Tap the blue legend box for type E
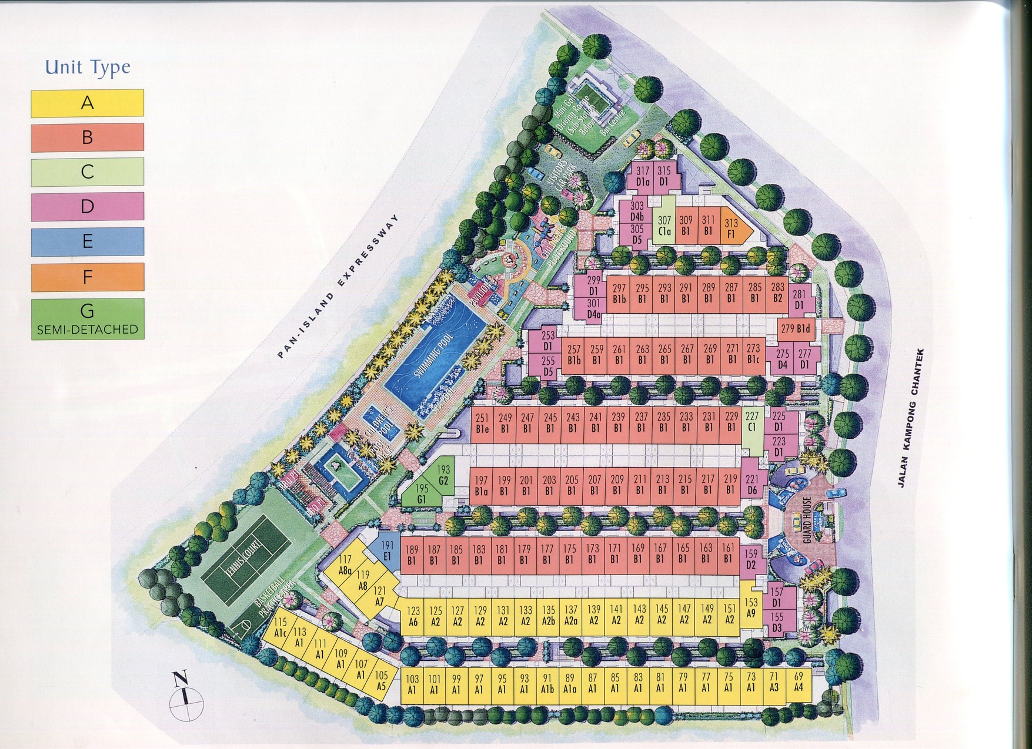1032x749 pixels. (87, 241)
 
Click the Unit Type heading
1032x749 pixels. (87, 68)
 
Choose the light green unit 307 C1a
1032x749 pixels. (664, 226)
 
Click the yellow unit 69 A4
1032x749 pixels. (799, 683)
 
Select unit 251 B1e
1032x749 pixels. (483, 424)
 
